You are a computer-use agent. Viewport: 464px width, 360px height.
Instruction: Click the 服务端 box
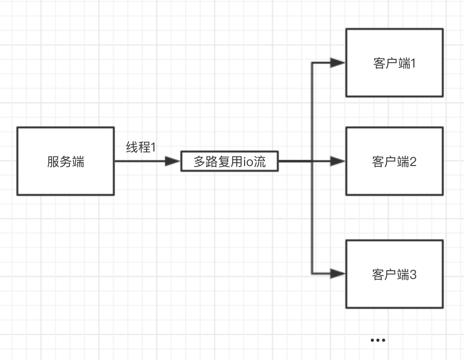click(66, 161)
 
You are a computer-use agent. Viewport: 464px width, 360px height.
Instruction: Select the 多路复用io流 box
click(230, 161)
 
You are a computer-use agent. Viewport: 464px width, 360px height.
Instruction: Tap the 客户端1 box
click(395, 63)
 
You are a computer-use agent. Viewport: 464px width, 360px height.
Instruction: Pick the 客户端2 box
click(395, 161)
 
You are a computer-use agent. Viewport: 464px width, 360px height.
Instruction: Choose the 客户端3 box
click(395, 274)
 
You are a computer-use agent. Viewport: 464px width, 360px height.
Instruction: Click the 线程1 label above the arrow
click(141, 147)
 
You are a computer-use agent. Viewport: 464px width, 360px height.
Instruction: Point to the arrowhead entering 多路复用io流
click(173, 161)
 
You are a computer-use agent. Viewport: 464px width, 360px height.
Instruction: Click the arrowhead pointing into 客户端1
click(338, 63)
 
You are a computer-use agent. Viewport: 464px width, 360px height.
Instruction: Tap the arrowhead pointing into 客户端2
click(338, 161)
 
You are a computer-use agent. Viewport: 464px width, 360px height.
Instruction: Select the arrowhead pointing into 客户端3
click(338, 274)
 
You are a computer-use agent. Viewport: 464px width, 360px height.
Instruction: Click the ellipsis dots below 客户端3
click(378, 340)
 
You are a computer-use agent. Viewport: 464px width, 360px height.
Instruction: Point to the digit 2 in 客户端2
click(413, 162)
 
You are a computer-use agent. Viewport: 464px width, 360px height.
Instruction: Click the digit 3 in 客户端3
click(413, 275)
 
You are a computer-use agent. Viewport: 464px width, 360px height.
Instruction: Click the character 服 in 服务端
click(53, 162)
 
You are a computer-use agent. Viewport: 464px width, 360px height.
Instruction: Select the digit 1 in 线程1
click(153, 148)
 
